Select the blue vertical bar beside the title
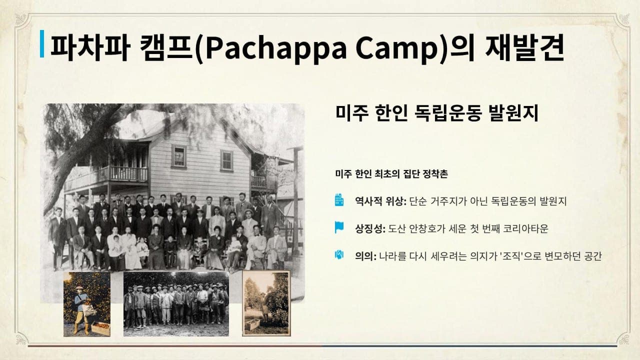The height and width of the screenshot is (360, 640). (42, 43)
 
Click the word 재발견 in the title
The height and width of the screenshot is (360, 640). (524, 47)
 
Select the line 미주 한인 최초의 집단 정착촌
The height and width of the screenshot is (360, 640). (391, 173)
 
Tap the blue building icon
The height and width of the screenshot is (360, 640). (339, 199)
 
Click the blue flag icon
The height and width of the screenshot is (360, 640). (339, 227)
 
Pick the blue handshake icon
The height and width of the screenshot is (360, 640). (339, 254)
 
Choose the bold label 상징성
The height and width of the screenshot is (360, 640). (370, 228)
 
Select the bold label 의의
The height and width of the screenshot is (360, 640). (365, 256)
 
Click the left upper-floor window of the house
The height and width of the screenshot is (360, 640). (179, 156)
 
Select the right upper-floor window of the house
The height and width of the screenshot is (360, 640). (226, 160)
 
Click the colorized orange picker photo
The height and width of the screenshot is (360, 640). (87, 304)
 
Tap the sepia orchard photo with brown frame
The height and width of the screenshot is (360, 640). (266, 303)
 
